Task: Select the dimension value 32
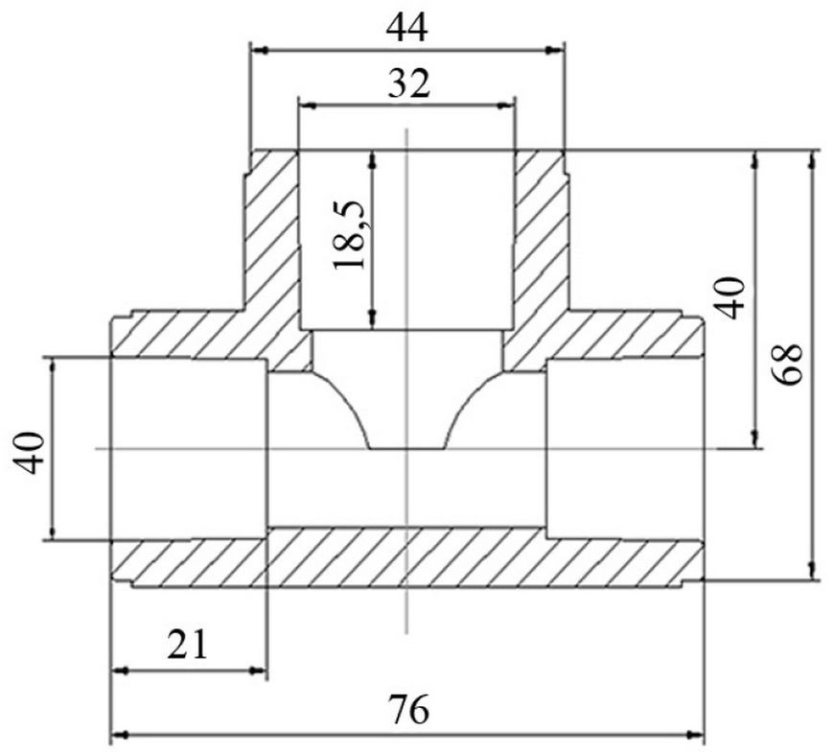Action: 408,83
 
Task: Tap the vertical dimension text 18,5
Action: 349,235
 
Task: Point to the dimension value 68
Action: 788,365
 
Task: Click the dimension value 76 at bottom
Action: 408,710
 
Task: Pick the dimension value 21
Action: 187,645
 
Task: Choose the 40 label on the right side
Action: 730,298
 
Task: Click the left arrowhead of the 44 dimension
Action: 259,51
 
